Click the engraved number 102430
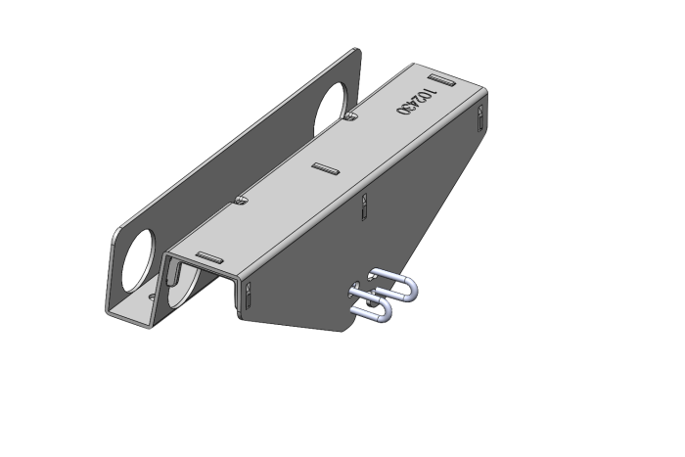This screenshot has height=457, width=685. [x=415, y=101]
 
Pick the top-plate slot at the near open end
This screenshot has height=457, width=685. [x=208, y=256]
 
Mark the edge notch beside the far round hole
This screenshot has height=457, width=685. [x=351, y=117]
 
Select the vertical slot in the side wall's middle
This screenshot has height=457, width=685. [x=364, y=206]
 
